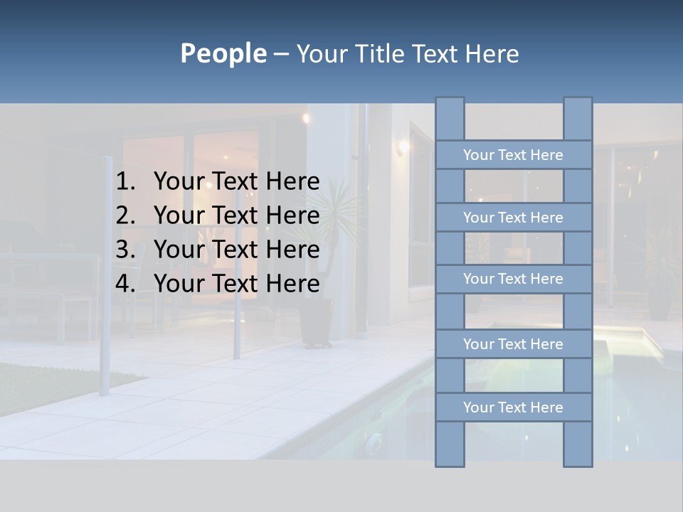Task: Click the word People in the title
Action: point(223,54)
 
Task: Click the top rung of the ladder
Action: point(513,155)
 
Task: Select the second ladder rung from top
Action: point(513,218)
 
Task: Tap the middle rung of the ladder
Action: point(513,279)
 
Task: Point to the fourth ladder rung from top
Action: point(513,344)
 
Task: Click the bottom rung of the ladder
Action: point(513,407)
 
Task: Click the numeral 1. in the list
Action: point(125,181)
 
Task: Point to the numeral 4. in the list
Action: point(125,284)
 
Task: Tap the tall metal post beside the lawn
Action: point(106,277)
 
